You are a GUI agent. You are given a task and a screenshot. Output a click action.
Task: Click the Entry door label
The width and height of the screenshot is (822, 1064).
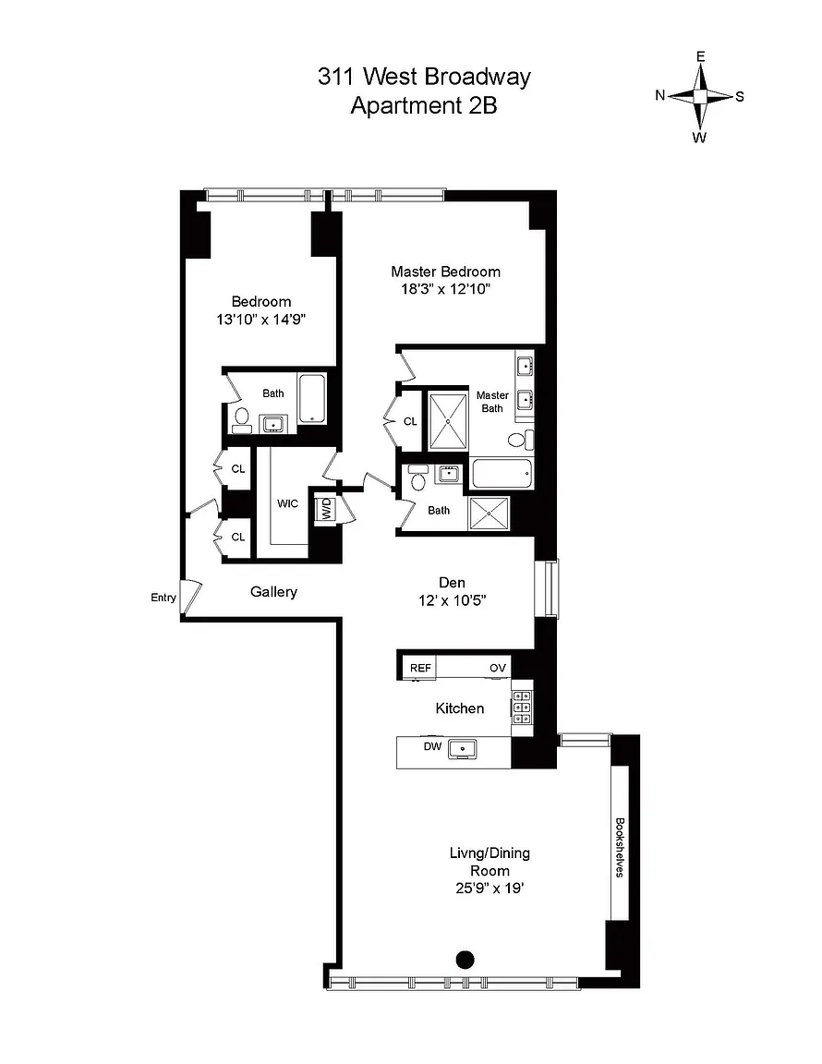(163, 598)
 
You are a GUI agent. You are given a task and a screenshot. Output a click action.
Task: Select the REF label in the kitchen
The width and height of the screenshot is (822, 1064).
(420, 668)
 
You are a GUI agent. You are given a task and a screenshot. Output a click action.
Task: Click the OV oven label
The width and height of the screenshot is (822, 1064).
(498, 668)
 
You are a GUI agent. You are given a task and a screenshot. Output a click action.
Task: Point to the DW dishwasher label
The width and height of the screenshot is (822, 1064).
(432, 746)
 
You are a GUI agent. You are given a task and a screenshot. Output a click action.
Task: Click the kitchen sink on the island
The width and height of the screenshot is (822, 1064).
(464, 749)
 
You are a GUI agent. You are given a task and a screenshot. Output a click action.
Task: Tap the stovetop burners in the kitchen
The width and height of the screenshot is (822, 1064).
(522, 707)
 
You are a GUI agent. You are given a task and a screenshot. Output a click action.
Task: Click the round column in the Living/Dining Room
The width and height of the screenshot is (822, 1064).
(465, 960)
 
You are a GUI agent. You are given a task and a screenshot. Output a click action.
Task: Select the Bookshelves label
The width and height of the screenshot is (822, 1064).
(620, 847)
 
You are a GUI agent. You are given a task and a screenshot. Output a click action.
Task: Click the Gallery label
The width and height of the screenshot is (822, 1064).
(273, 592)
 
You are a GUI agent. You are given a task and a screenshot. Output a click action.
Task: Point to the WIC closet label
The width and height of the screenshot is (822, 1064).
(287, 503)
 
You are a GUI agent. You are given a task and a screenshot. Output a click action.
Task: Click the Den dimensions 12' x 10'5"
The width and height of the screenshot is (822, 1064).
(452, 600)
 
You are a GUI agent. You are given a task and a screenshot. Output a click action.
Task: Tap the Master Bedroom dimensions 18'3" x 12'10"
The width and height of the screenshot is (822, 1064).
(445, 289)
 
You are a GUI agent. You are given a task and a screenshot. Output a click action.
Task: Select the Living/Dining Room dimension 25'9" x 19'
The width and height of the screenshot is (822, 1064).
(490, 889)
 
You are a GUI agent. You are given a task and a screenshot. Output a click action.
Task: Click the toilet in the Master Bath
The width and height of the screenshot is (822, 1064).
(521, 440)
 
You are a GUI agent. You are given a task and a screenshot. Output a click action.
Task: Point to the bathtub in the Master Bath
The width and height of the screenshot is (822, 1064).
(502, 473)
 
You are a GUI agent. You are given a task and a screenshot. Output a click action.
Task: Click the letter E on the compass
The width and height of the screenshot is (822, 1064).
(700, 56)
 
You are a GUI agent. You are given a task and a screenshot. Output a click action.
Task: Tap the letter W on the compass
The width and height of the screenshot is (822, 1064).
(699, 138)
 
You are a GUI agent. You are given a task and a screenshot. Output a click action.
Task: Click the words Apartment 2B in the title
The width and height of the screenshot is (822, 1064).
(424, 106)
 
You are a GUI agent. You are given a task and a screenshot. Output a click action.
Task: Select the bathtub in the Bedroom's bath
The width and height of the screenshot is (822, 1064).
(312, 398)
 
